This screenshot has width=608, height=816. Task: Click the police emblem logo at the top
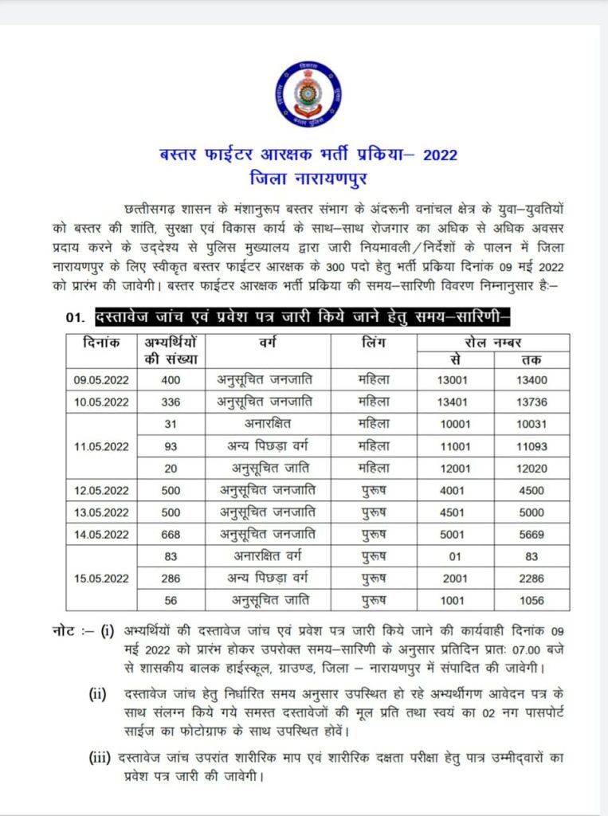309,93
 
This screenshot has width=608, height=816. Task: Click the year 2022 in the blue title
441,155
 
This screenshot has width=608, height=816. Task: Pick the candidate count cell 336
171,402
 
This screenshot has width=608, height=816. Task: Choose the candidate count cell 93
171,445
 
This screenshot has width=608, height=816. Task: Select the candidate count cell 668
171,534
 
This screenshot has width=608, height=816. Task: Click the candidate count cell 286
171,578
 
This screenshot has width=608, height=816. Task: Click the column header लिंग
371,343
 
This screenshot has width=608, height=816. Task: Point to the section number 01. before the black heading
76,319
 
